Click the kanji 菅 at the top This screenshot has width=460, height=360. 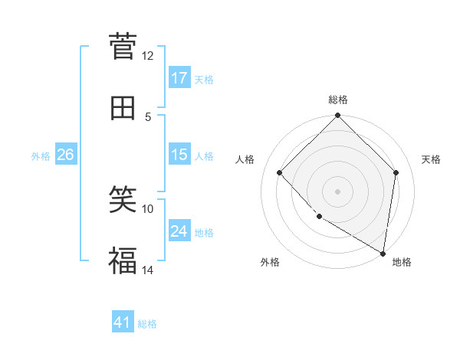tap(123, 47)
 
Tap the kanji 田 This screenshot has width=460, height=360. tap(123, 108)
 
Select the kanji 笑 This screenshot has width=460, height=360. tap(123, 201)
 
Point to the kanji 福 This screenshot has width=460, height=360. tap(123, 261)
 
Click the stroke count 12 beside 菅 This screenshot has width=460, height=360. tap(147, 56)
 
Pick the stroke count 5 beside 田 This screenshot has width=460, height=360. tap(147, 116)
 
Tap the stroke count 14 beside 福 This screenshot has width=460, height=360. tap(147, 270)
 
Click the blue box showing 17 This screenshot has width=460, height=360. tap(179, 78)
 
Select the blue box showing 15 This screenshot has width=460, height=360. tap(179, 155)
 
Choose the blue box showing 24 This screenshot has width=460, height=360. tap(179, 231)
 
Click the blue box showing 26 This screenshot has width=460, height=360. tap(65, 155)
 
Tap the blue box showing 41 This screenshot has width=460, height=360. tap(123, 322)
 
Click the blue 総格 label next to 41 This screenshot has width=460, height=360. tap(147, 324)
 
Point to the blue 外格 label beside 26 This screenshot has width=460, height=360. tap(41, 156)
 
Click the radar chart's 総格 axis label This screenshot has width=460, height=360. tap(338, 100)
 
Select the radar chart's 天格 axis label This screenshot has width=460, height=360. tap(431, 159)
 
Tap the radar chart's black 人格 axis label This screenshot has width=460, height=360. tap(245, 159)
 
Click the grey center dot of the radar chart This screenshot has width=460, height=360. tap(338, 191)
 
